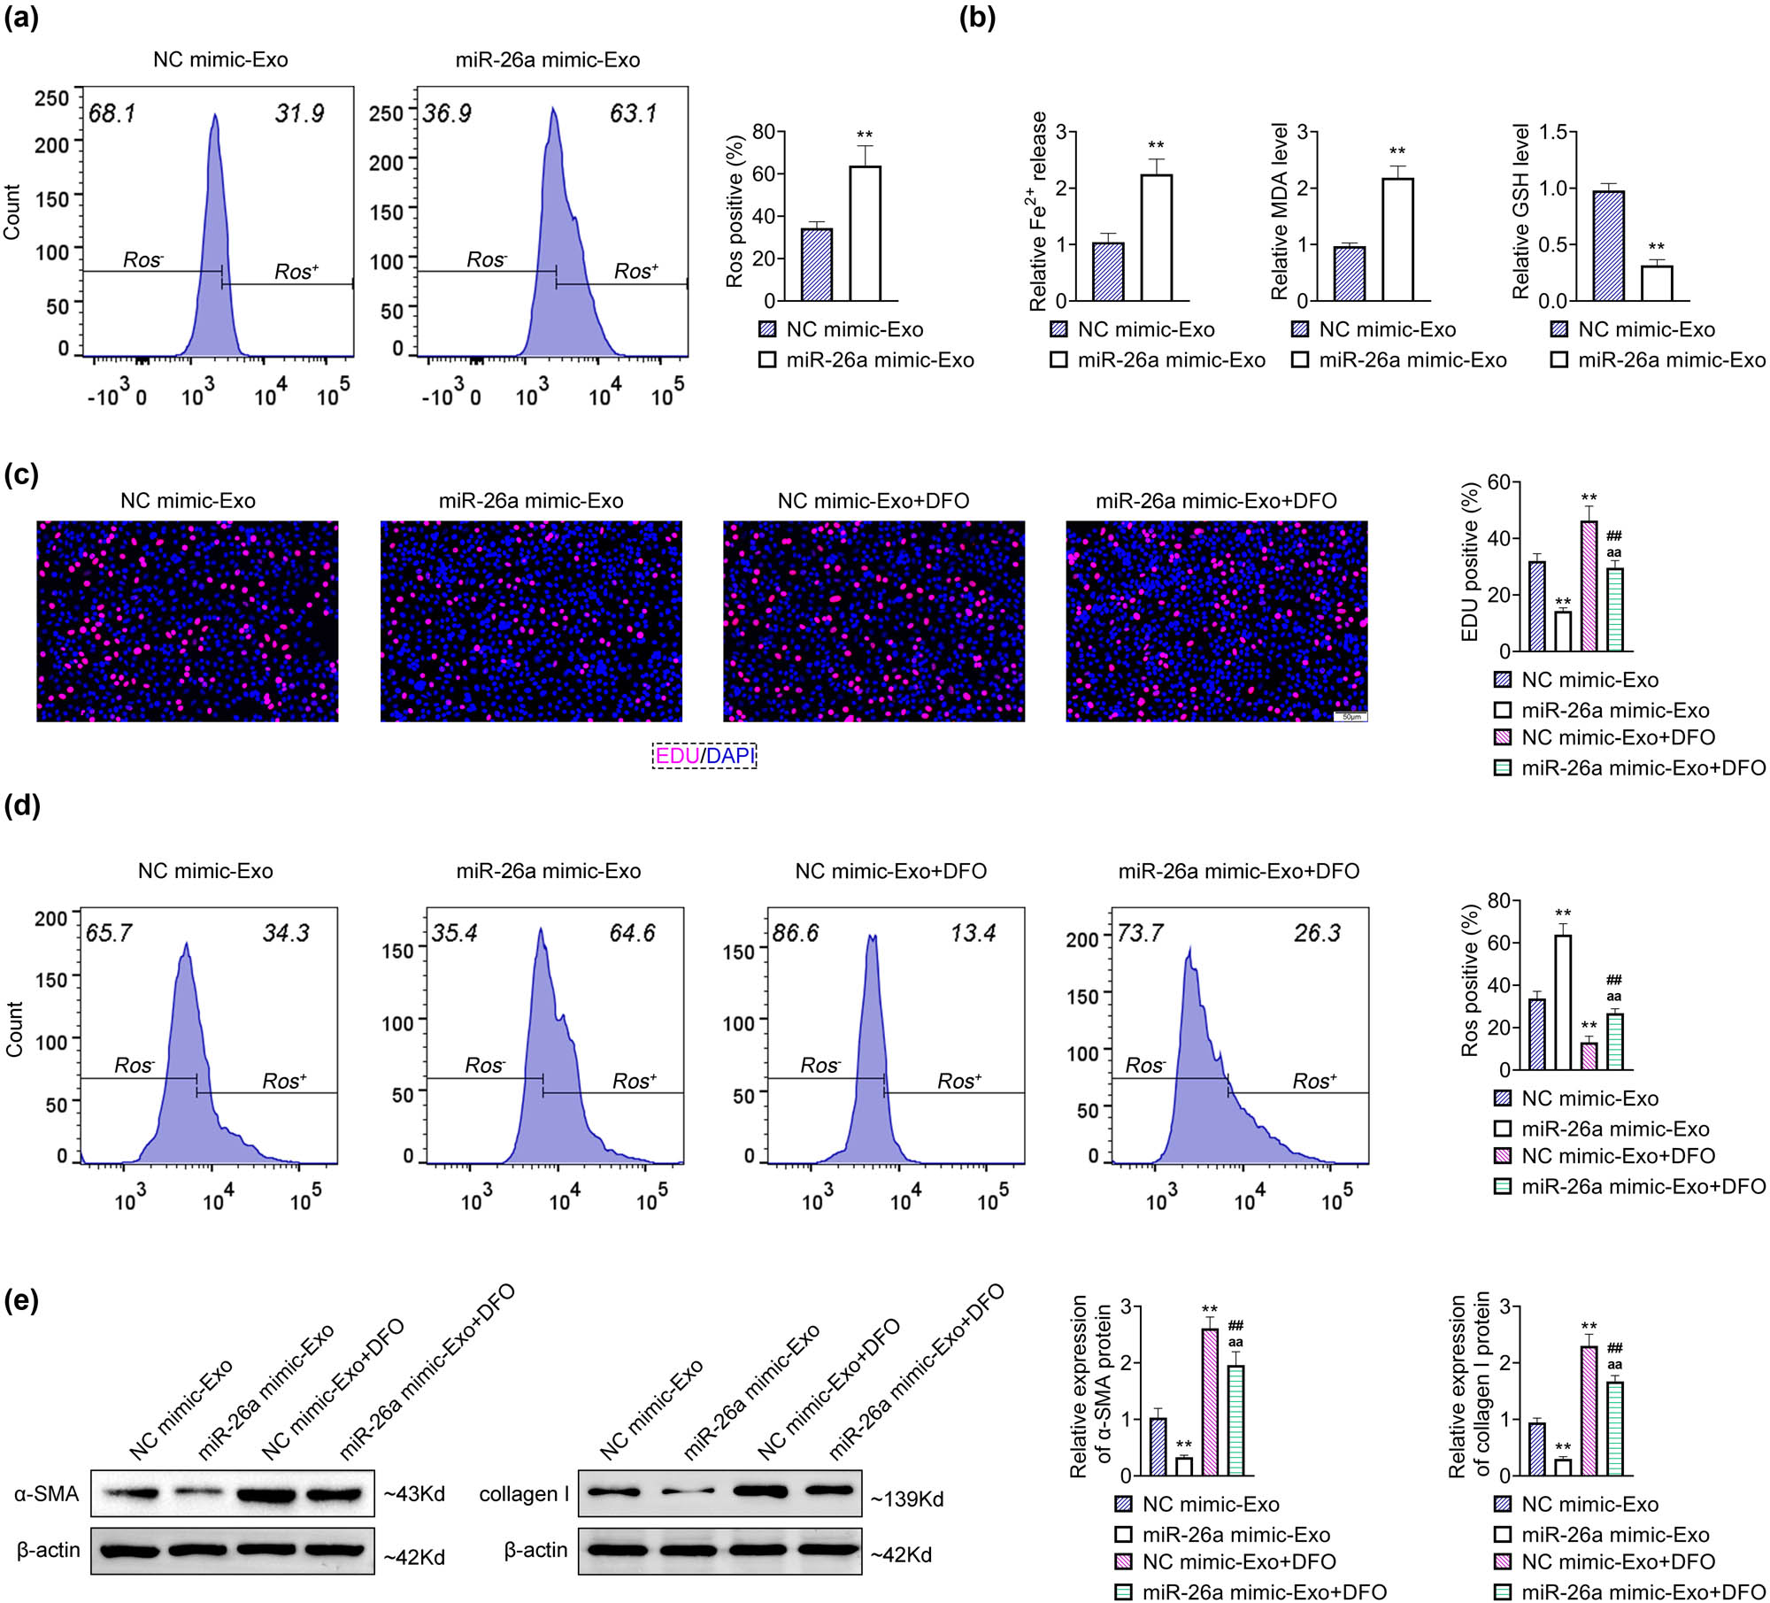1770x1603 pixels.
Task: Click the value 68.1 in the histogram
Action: (x=112, y=113)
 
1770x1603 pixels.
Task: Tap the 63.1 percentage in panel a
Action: (x=633, y=113)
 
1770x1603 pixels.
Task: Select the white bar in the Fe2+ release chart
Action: (x=1156, y=237)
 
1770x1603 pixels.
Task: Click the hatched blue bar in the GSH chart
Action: (x=1608, y=246)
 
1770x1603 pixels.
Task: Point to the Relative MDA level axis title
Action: (x=1279, y=212)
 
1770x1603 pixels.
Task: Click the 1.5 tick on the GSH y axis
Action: (x=1552, y=133)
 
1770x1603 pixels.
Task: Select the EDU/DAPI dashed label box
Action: (x=704, y=755)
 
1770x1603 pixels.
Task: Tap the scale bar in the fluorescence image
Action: (x=1351, y=715)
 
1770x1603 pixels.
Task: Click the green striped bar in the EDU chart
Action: (x=1614, y=609)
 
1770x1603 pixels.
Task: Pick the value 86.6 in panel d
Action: (x=796, y=933)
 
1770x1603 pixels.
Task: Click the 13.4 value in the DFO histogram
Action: (x=973, y=933)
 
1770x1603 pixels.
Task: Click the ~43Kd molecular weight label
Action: (x=414, y=1493)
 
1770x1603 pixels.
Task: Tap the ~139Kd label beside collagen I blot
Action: (x=907, y=1499)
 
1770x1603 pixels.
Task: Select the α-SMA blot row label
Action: (x=46, y=1493)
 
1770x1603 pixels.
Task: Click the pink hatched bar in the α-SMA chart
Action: (x=1209, y=1401)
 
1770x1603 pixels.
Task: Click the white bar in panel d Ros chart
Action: (x=1563, y=1002)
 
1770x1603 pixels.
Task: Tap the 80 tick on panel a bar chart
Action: (x=763, y=133)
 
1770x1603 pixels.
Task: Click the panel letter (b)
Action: (x=977, y=18)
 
